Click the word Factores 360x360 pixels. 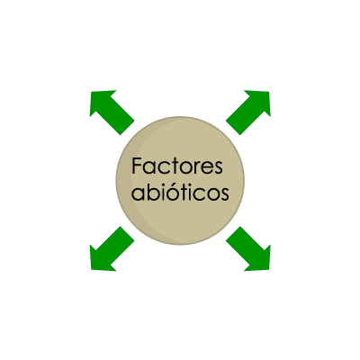pyautogui.click(x=177, y=166)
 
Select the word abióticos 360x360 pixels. pyautogui.click(x=180, y=192)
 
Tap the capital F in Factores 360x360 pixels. pyautogui.click(x=137, y=166)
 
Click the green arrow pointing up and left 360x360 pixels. pyautogui.click(x=112, y=112)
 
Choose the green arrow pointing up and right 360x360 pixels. pyautogui.click(x=248, y=112)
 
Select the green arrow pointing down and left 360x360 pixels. pyautogui.click(x=112, y=248)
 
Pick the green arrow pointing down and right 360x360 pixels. pyautogui.click(x=248, y=248)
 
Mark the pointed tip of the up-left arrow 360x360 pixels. pyautogui.click(x=90, y=91)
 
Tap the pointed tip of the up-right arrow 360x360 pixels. pyautogui.click(x=270, y=91)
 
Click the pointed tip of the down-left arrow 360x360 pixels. pyautogui.click(x=90, y=270)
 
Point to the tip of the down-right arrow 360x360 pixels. pyautogui.click(x=270, y=270)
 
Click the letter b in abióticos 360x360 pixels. pyautogui.click(x=151, y=192)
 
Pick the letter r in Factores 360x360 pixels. pyautogui.click(x=197, y=168)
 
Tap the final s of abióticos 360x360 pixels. pyautogui.click(x=225, y=195)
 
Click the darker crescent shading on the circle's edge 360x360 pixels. pyautogui.click(x=125, y=180)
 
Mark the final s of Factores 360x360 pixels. pyautogui.click(x=219, y=168)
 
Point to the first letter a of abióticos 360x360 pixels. pyautogui.click(x=138, y=195)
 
